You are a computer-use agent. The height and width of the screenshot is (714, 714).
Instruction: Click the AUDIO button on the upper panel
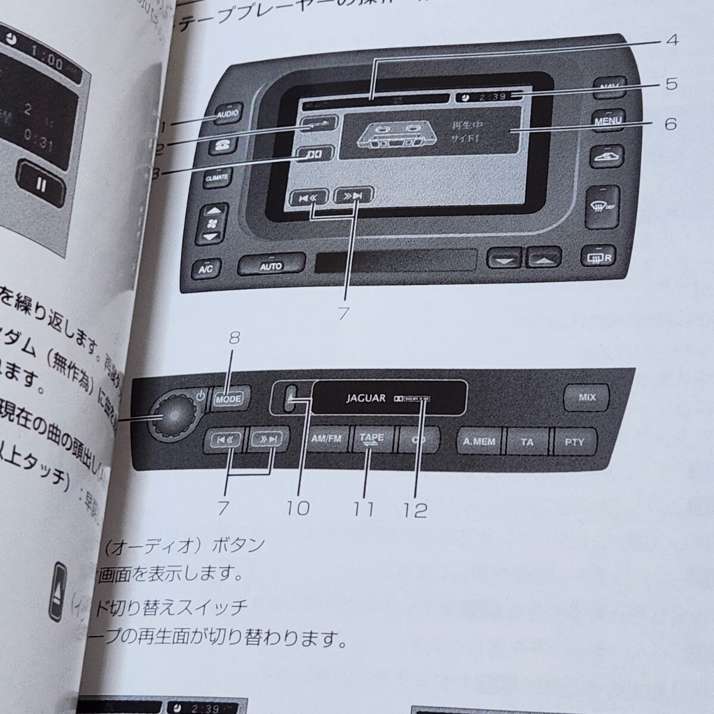(227, 113)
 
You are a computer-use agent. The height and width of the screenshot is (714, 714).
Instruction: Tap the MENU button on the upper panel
(607, 120)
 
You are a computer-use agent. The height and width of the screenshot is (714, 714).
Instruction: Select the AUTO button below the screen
(271, 266)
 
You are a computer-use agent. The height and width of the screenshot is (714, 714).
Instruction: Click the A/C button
(206, 268)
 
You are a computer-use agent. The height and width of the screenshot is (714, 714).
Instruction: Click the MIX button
(587, 397)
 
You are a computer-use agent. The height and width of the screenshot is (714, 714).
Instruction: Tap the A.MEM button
(479, 442)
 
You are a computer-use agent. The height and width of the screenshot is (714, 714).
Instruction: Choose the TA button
(527, 442)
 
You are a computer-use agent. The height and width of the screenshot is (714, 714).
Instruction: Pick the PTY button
(574, 442)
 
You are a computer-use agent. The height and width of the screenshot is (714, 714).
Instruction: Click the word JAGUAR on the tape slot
(366, 398)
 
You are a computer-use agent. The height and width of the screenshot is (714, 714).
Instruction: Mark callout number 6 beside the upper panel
(671, 124)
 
